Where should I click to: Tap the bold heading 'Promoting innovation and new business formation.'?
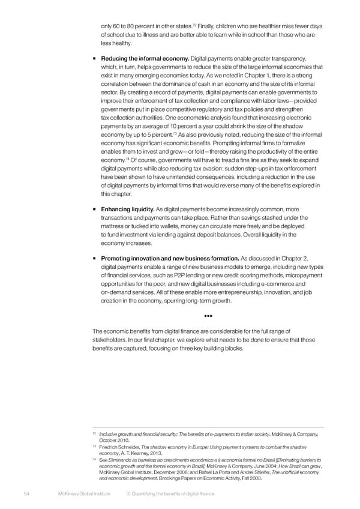[x=170, y=259]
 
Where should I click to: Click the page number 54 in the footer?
[x=18, y=493]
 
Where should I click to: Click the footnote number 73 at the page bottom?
[x=94, y=447]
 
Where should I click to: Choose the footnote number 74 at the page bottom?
[x=94, y=460]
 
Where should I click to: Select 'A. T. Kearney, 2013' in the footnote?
[x=139, y=454]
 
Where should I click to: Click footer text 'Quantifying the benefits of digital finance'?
[x=174, y=493]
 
